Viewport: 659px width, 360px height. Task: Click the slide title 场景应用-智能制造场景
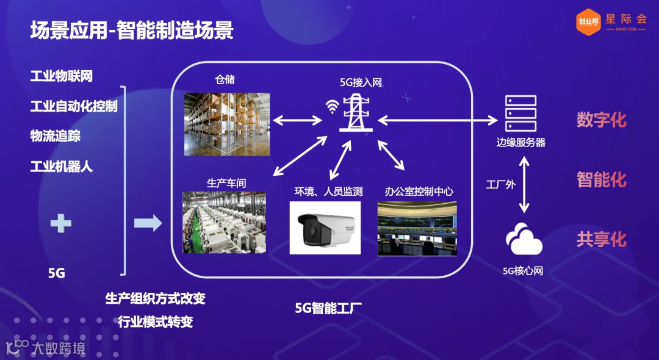(x=132, y=31)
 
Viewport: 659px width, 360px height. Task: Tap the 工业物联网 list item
(x=62, y=77)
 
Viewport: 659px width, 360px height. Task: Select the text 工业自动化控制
(x=74, y=106)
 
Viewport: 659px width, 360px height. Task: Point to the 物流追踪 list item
(x=56, y=135)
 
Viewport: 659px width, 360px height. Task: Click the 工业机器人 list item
(x=62, y=165)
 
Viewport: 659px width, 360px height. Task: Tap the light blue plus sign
(x=61, y=223)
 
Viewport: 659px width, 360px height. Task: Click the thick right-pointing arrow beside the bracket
(x=148, y=223)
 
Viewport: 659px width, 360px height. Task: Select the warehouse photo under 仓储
(x=227, y=124)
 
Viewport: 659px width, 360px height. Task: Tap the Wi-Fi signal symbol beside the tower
(x=332, y=108)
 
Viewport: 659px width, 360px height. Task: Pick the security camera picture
(x=325, y=227)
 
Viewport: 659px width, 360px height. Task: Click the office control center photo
(x=417, y=228)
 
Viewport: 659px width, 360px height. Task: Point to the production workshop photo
(x=224, y=222)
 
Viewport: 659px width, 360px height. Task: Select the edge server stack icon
(x=520, y=113)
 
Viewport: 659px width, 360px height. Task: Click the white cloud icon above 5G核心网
(x=524, y=240)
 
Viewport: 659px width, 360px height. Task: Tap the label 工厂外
(x=500, y=184)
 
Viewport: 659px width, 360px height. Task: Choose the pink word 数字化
(x=602, y=120)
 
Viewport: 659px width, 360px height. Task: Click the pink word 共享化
(x=602, y=239)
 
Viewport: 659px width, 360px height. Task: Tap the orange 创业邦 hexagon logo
(x=588, y=23)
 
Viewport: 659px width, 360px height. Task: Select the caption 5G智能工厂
(x=328, y=308)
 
